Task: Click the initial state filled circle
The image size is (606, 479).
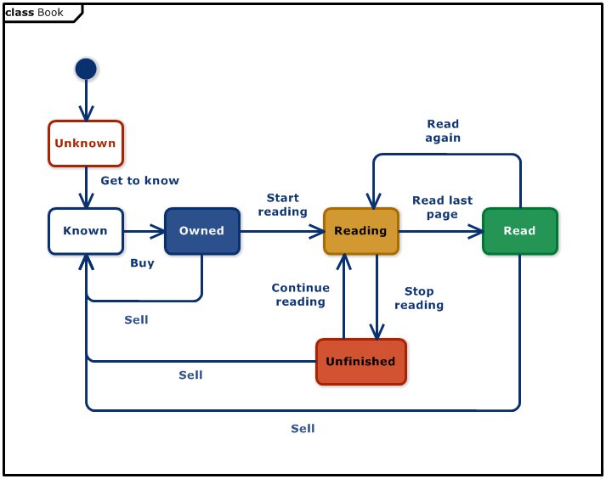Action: pyautogui.click(x=86, y=69)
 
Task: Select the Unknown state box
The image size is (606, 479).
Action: pyautogui.click(x=85, y=144)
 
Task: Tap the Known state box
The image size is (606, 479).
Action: pyautogui.click(x=85, y=231)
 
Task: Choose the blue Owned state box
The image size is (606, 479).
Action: pyautogui.click(x=201, y=231)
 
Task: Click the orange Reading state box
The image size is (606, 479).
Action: pyautogui.click(x=360, y=231)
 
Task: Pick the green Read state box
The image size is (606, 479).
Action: pyautogui.click(x=519, y=231)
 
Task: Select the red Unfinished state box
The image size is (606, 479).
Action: pyautogui.click(x=360, y=362)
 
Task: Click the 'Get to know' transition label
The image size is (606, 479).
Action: pyautogui.click(x=139, y=181)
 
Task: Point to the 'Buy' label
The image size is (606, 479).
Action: pyautogui.click(x=142, y=263)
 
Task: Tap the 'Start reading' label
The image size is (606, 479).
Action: pyautogui.click(x=282, y=205)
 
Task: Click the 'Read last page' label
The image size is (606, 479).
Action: pyautogui.click(x=442, y=207)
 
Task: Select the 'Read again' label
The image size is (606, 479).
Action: pyautogui.click(x=443, y=131)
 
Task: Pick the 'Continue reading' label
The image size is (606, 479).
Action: pyautogui.click(x=300, y=295)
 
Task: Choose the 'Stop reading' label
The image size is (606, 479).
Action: pyautogui.click(x=419, y=298)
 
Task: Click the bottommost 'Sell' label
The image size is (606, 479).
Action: pyautogui.click(x=303, y=429)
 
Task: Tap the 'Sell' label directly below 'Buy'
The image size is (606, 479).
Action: pyautogui.click(x=136, y=320)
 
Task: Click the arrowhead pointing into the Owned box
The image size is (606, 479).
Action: pyautogui.click(x=157, y=231)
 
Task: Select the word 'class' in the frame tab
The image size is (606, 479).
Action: pyautogui.click(x=20, y=13)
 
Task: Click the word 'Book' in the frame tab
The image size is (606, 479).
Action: pyautogui.click(x=50, y=13)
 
